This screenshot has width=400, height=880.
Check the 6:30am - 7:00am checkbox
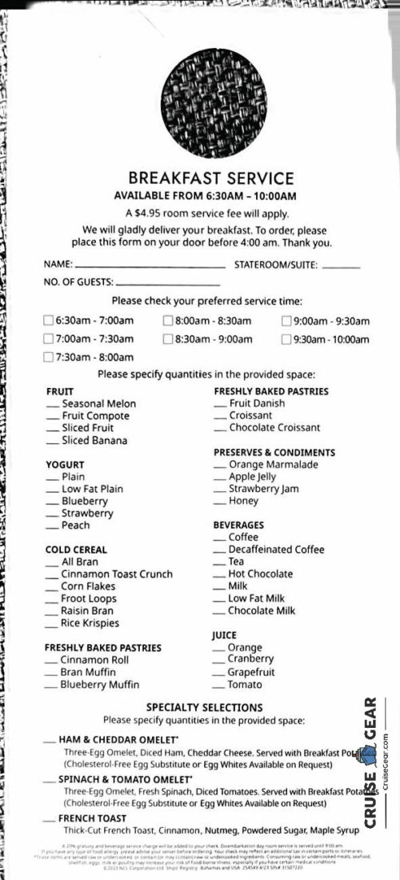click(x=48, y=321)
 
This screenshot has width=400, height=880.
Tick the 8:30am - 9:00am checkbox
click(x=168, y=339)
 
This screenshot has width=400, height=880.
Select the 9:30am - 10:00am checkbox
click(x=286, y=339)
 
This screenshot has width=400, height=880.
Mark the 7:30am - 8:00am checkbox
click(x=48, y=358)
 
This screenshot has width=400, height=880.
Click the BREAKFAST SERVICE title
click(x=200, y=178)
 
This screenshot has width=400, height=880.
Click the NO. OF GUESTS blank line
click(x=167, y=283)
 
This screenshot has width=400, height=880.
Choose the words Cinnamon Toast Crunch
click(x=117, y=574)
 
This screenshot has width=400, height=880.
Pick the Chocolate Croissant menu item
click(x=274, y=428)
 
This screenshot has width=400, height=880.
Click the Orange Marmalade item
click(x=273, y=465)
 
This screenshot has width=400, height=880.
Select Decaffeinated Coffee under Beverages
click(x=276, y=550)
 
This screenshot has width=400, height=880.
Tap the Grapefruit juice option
click(x=250, y=672)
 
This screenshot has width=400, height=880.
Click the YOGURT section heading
click(x=65, y=465)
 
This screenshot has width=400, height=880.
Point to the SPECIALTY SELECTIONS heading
click(x=204, y=708)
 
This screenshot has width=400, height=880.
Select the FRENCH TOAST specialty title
click(x=92, y=818)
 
